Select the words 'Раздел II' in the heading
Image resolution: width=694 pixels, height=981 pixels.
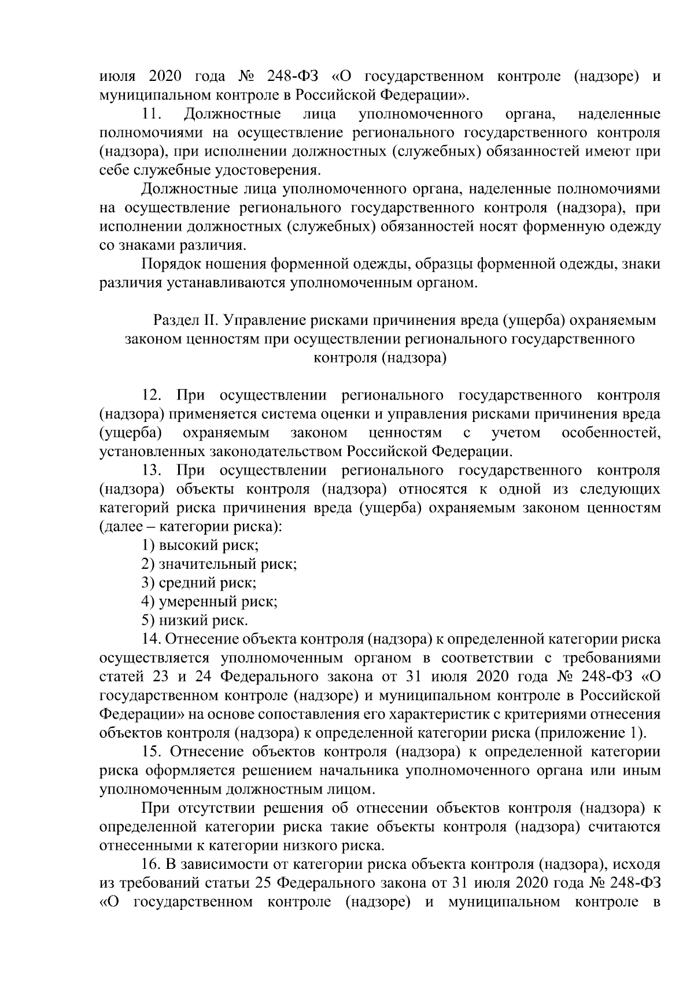(x=184, y=320)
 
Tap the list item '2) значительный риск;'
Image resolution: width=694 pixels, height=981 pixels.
(x=219, y=564)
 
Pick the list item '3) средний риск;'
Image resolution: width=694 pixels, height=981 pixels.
(x=199, y=583)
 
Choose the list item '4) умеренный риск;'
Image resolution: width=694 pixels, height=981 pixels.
(x=209, y=602)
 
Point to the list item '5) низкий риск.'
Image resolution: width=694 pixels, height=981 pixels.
(x=195, y=621)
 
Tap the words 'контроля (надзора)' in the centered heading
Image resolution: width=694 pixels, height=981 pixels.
(x=380, y=358)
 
